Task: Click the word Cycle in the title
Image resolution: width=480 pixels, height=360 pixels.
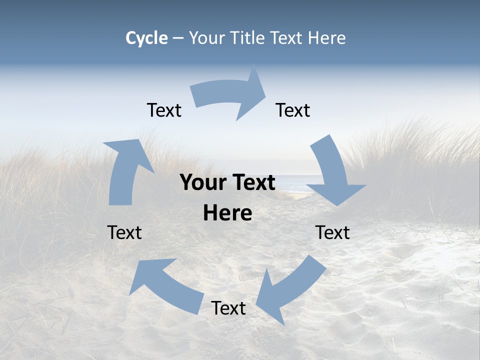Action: [x=146, y=38]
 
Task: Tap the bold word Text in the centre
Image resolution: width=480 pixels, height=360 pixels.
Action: [x=252, y=183]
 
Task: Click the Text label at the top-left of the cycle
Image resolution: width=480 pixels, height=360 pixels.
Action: [x=164, y=110]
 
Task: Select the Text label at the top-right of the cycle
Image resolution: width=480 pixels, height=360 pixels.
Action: [x=293, y=110]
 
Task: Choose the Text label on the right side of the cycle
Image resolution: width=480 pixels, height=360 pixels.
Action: [x=332, y=233]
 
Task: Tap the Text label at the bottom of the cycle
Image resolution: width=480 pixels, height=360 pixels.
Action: [x=228, y=308]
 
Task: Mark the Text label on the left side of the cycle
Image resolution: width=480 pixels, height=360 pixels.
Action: [x=124, y=233]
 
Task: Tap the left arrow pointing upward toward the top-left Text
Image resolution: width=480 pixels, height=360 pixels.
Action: [x=125, y=170]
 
